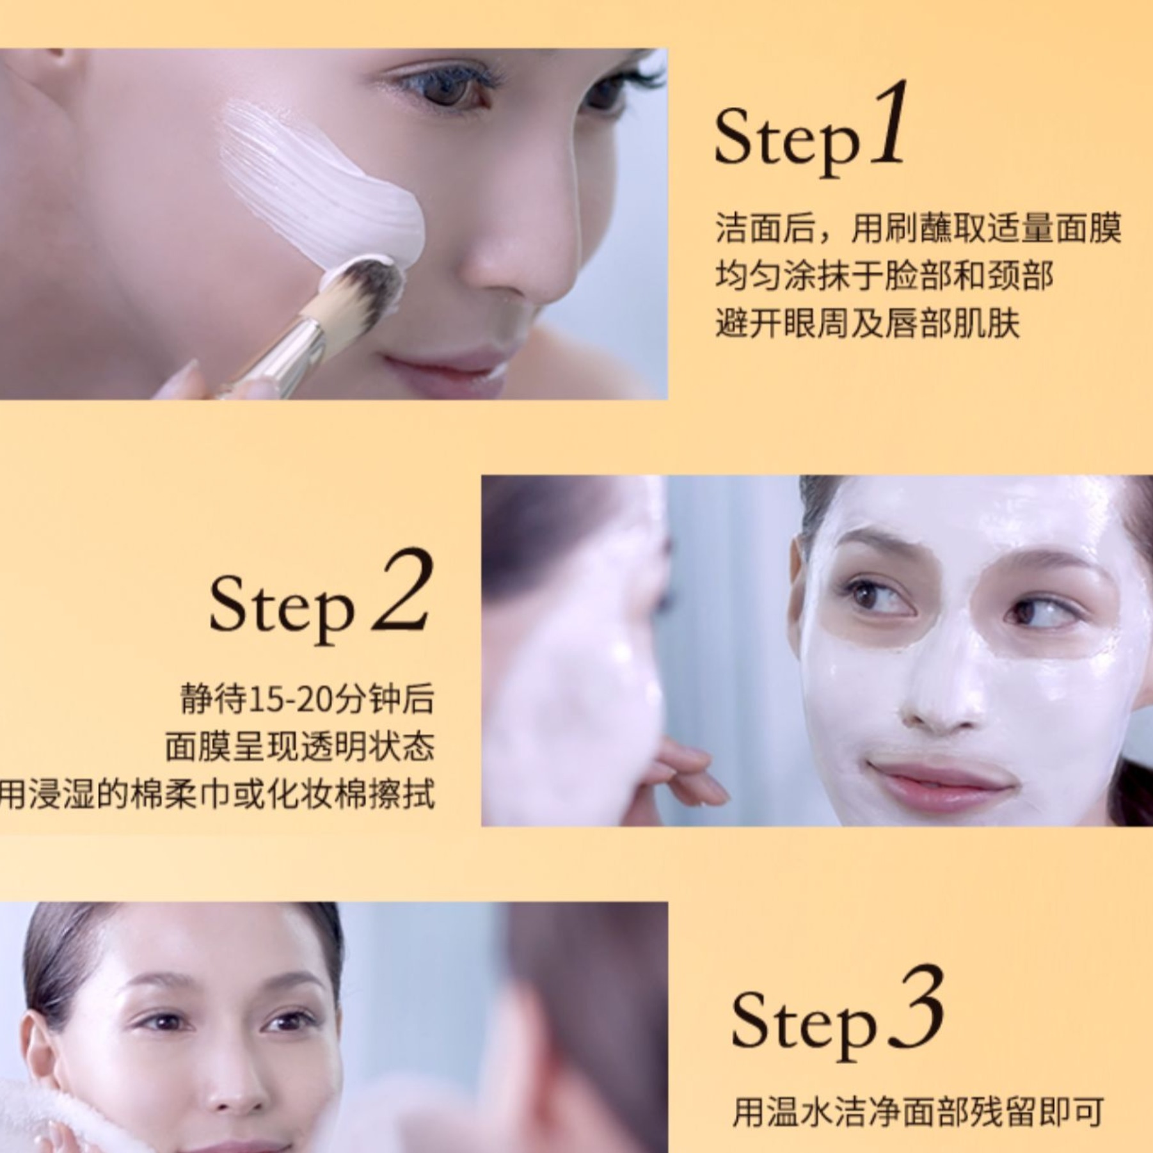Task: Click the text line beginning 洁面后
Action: (919, 228)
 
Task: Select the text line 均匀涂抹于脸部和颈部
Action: (884, 276)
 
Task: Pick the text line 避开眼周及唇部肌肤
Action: (867, 322)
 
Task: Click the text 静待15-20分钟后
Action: (307, 699)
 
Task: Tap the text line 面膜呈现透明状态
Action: (299, 746)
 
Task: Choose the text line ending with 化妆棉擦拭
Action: (218, 794)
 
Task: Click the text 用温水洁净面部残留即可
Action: (918, 1112)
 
